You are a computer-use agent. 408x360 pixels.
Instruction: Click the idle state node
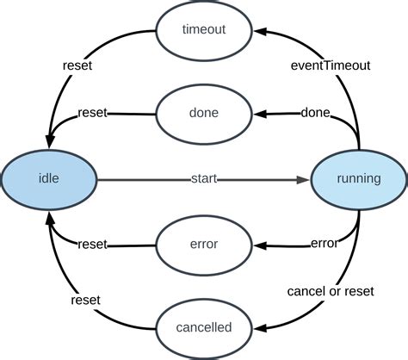coord(49,180)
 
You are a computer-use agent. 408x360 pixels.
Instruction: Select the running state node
coord(358,180)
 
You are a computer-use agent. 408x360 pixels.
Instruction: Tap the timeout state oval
coord(204,30)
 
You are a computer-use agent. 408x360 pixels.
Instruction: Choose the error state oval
coord(204,245)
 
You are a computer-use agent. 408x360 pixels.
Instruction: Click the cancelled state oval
coord(204,328)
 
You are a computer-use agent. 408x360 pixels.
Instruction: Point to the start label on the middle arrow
coord(204,180)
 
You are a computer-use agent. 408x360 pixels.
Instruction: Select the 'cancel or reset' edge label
coord(330,292)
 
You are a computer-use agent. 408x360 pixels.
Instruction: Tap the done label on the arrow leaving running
coord(315,114)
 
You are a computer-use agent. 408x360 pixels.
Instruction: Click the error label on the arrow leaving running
coord(323,245)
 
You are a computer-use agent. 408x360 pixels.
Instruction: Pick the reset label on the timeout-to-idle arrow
coord(77,64)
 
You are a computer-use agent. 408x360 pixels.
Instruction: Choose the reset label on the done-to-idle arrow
coord(92,113)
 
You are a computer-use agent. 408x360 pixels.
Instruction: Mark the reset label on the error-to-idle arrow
coord(92,245)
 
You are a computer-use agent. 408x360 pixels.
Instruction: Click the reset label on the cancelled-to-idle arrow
coord(86,300)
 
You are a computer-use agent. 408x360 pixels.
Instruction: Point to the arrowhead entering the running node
coord(303,180)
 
